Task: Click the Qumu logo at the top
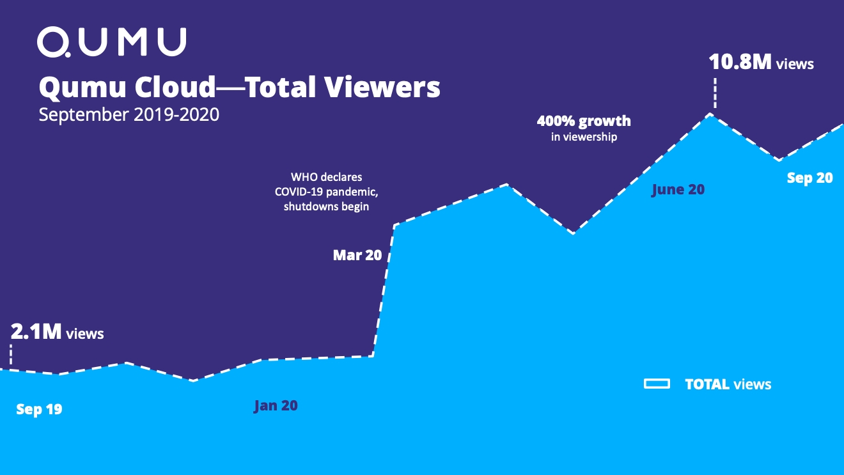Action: click(x=112, y=42)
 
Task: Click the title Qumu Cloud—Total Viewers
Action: click(x=239, y=88)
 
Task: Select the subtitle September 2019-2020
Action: click(x=129, y=114)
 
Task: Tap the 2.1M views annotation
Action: click(x=57, y=332)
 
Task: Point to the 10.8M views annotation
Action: click(x=761, y=63)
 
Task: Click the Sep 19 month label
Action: click(x=39, y=409)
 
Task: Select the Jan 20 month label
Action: click(x=276, y=406)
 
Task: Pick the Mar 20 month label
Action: click(x=357, y=256)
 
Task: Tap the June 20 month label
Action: click(x=678, y=189)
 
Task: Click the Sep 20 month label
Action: click(x=809, y=178)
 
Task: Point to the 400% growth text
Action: click(x=583, y=121)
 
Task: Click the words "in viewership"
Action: click(x=584, y=137)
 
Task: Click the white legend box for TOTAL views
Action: click(x=657, y=384)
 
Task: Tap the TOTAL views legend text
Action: click(x=728, y=384)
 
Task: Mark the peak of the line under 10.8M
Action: click(x=710, y=114)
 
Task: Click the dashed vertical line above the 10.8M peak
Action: click(x=715, y=93)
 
